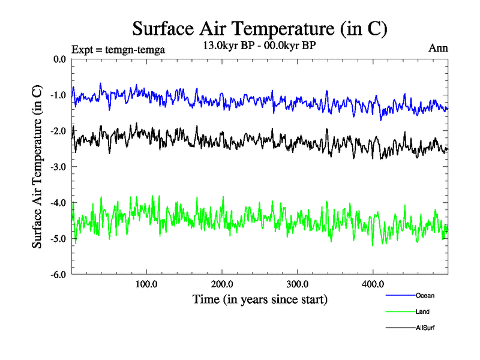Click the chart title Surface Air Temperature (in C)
[260, 28]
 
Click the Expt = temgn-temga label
[118, 49]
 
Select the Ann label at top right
[437, 47]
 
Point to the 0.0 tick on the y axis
[60, 59]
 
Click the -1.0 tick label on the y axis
[59, 95]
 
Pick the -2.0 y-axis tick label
[59, 131]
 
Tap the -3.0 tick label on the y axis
[59, 167]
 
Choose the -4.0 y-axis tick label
[59, 203]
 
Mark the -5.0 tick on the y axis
[59, 239]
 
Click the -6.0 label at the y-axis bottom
[59, 275]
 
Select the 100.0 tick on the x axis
[146, 284]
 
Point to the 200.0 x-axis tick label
[222, 284]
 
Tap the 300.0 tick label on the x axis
[298, 284]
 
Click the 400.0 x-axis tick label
[373, 284]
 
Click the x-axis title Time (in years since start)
[260, 298]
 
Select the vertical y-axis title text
[37, 167]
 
